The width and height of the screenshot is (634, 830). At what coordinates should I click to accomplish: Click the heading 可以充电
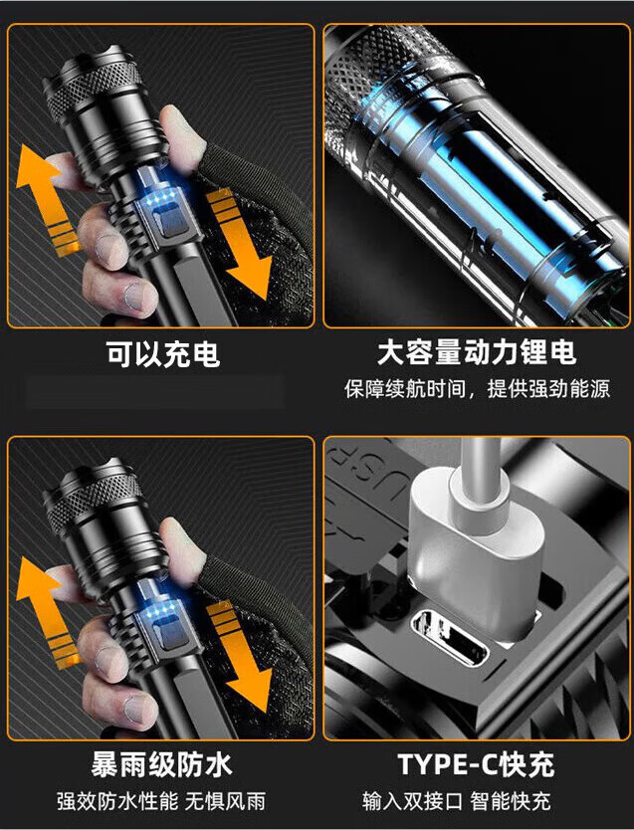(x=163, y=355)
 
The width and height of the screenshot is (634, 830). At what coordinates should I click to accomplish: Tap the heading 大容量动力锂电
(x=476, y=353)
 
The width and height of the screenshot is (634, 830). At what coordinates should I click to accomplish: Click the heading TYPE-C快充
(x=476, y=764)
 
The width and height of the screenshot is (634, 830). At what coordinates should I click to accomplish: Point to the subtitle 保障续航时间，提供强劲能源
(x=477, y=389)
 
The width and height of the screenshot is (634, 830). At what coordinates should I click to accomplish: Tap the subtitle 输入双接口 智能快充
(x=477, y=800)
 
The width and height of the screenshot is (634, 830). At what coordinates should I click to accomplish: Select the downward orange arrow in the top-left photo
(x=239, y=245)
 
